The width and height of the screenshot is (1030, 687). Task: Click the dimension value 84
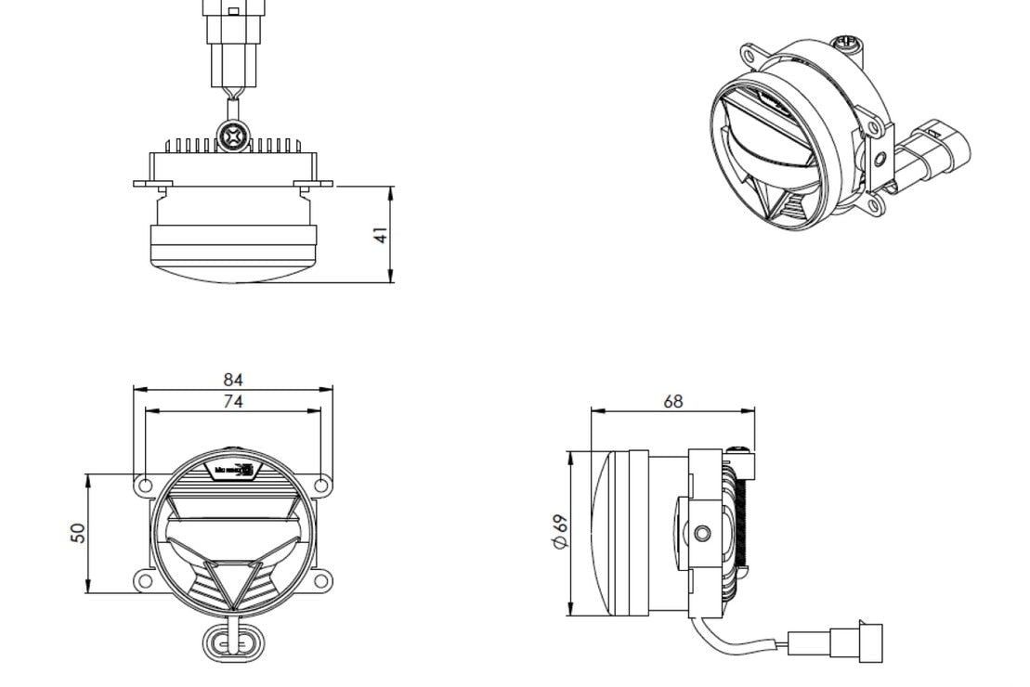pos(233,380)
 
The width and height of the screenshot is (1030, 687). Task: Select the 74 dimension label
pos(233,401)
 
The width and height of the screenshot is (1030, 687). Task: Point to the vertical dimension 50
pos(78,533)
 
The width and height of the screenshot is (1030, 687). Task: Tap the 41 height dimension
pos(381,236)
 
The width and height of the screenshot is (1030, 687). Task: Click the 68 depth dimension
pos(673,401)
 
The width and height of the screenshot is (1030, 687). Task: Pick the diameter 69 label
pos(559,532)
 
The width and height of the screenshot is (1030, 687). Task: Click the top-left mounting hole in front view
pos(145,485)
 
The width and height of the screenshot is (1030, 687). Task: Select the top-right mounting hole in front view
pos(320,485)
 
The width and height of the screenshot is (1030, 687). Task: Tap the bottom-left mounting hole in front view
pos(145,581)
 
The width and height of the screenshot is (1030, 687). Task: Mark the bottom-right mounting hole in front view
pos(320,581)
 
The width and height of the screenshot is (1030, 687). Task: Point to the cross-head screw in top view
pos(232,137)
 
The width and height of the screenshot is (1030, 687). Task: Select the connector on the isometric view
pos(933,153)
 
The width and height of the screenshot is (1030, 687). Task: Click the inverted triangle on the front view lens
pos(225,582)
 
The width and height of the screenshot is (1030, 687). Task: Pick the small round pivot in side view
pos(702,533)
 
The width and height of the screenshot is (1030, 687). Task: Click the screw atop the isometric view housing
pos(845,43)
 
